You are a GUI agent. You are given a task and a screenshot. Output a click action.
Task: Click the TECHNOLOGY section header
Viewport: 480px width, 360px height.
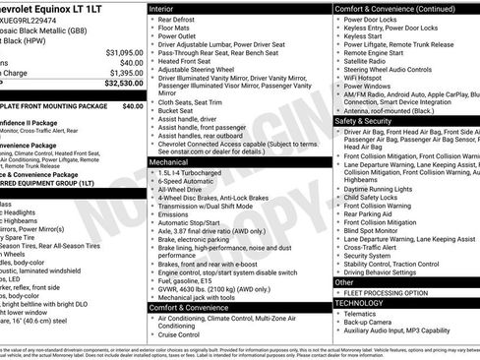point(359,305)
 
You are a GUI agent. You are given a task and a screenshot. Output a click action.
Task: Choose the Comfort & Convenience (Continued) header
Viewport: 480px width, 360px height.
point(394,7)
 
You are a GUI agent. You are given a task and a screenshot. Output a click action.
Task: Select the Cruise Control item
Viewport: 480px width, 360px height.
point(184,334)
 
